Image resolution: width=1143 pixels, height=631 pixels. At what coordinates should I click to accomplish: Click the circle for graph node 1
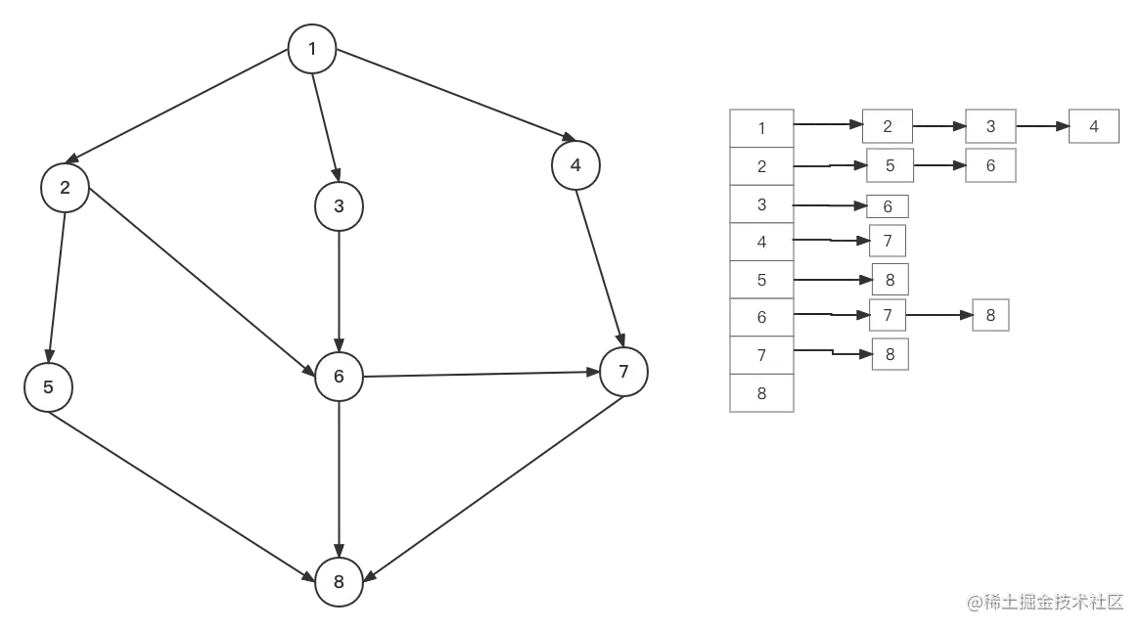(312, 49)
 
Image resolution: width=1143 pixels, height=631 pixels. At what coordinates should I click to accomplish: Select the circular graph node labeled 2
(66, 187)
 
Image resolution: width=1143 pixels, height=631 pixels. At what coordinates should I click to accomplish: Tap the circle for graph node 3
(339, 206)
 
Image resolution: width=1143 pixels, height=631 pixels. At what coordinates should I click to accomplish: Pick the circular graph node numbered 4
(575, 166)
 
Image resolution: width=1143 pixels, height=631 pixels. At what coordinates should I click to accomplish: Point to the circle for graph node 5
(49, 386)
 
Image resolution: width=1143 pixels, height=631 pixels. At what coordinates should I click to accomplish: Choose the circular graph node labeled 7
(623, 372)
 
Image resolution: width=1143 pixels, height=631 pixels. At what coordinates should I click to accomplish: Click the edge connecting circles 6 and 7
(480, 374)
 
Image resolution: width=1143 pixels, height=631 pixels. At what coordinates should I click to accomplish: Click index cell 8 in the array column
(762, 394)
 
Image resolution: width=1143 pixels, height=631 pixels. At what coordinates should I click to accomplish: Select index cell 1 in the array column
(762, 127)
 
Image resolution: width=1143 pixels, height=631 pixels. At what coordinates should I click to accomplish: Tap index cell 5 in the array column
(762, 280)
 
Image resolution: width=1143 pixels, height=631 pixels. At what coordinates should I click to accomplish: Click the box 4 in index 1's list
(1093, 127)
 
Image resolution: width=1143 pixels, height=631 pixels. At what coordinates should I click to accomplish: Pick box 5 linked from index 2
(890, 166)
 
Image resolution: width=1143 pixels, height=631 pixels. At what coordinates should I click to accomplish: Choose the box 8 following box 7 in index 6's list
(990, 316)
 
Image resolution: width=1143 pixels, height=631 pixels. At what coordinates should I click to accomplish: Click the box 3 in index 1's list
(990, 127)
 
